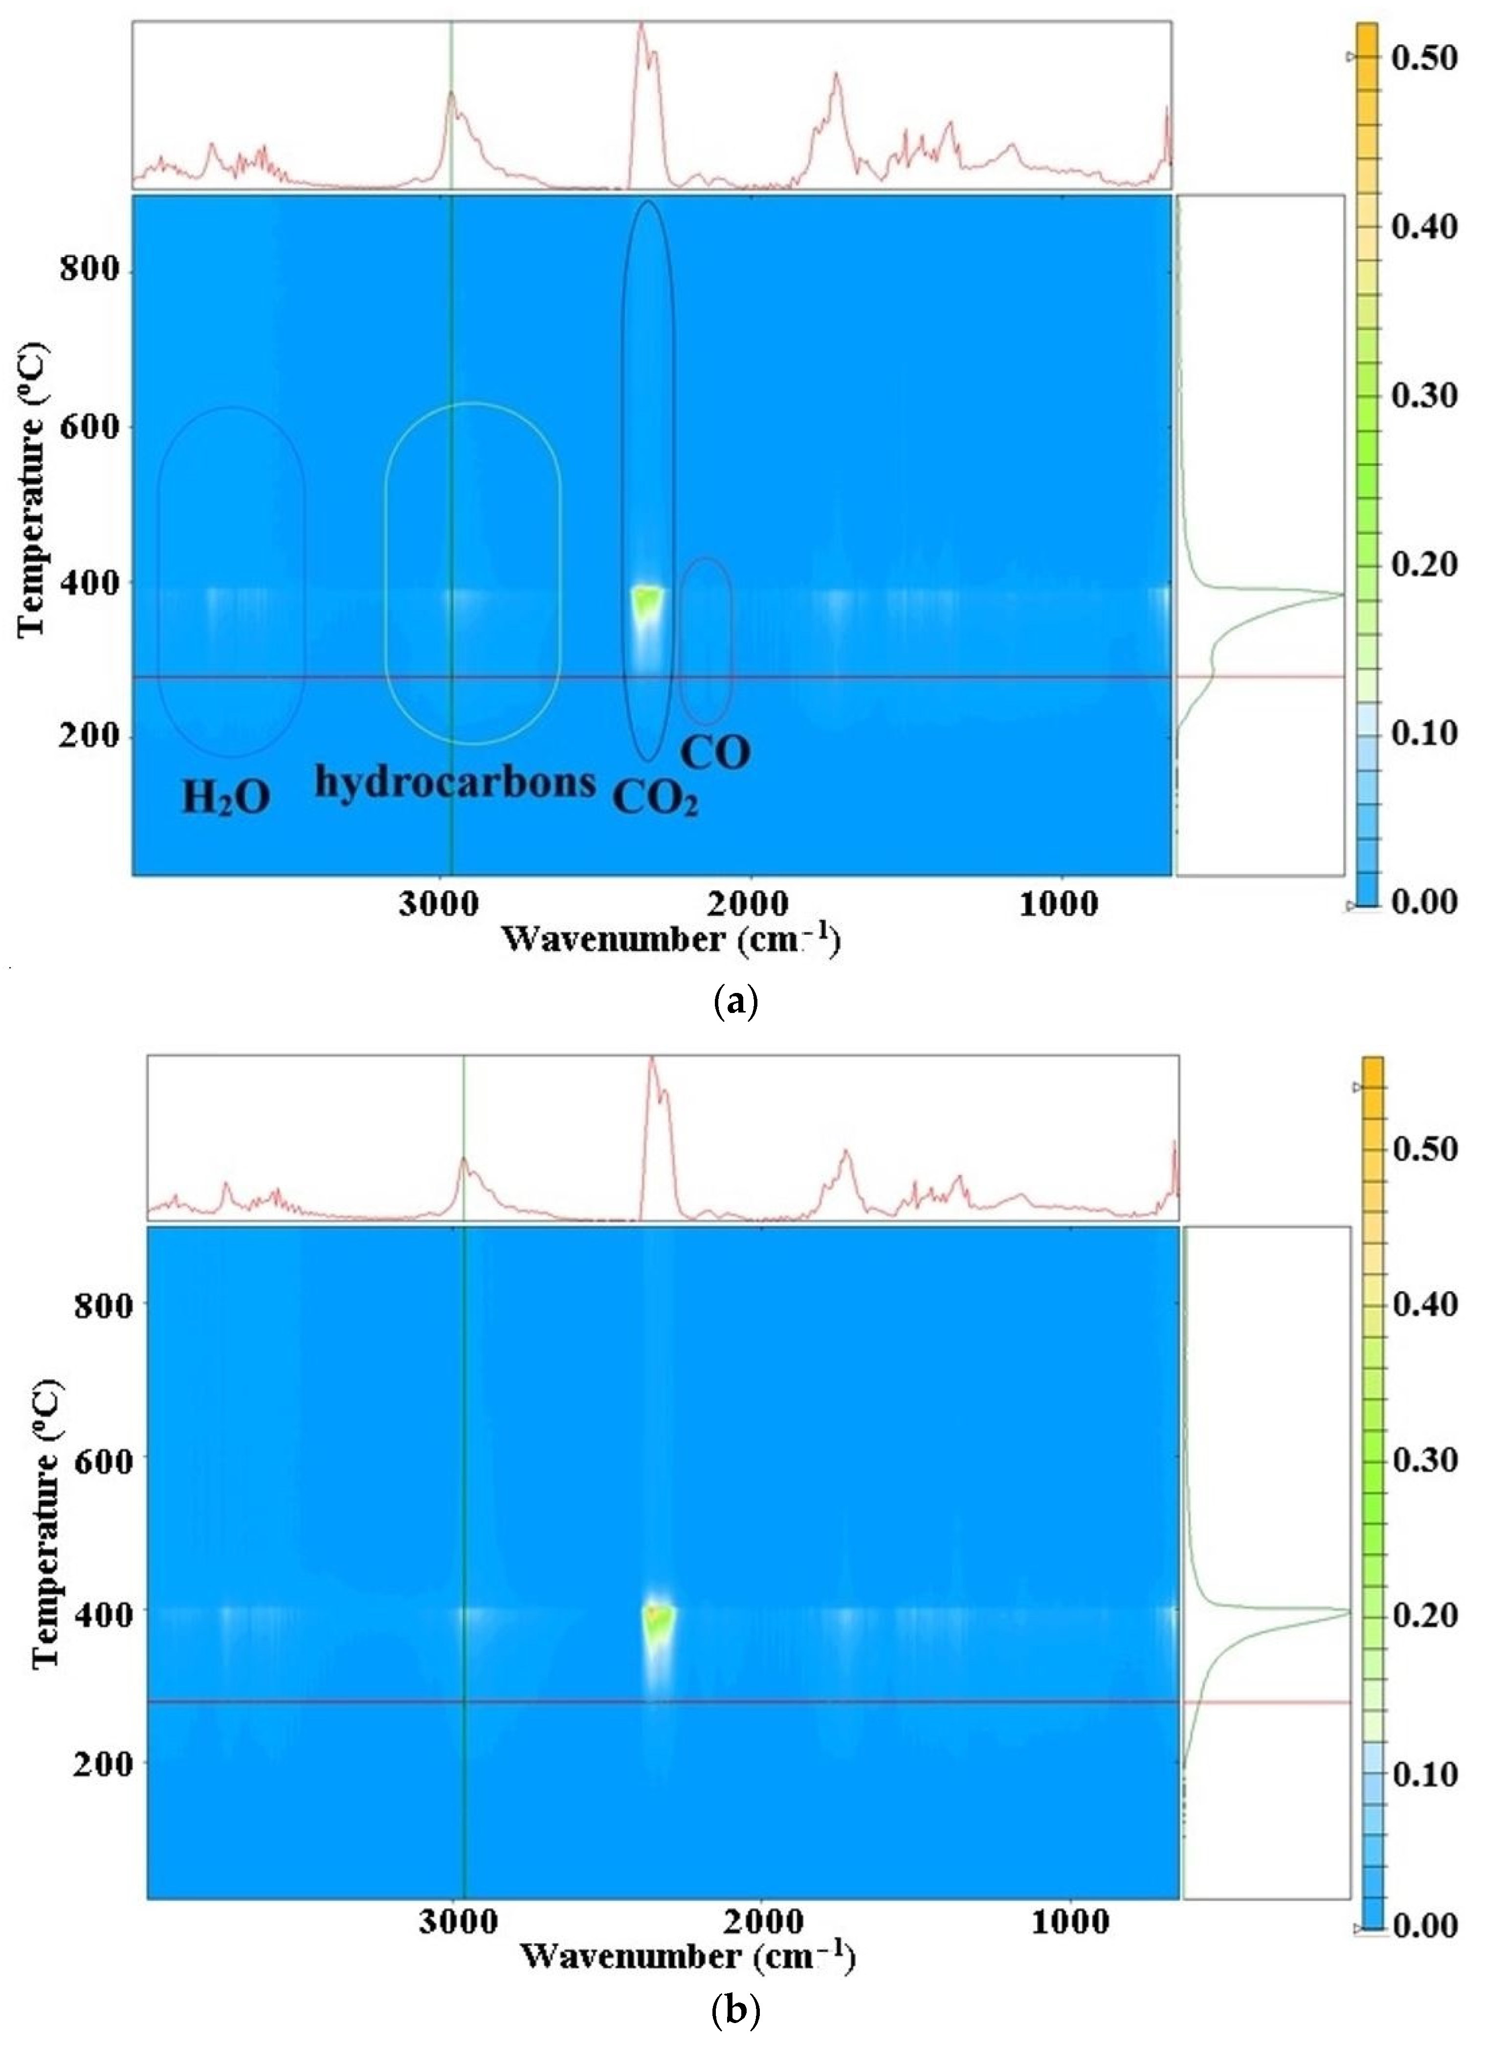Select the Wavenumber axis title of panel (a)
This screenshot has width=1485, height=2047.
click(670, 941)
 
